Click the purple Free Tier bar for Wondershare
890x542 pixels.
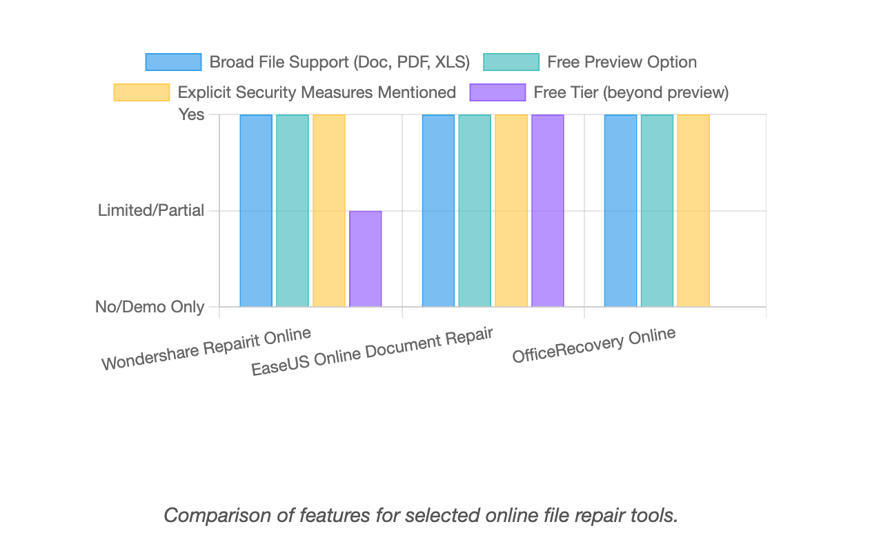[365, 259]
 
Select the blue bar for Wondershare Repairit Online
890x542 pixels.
[256, 210]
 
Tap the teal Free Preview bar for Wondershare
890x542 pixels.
[293, 210]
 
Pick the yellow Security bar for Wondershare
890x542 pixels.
[329, 210]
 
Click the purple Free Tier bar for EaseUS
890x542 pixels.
[547, 210]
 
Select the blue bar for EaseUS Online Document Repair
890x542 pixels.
[438, 210]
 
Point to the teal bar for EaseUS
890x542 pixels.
[475, 210]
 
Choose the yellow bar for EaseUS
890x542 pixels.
[511, 210]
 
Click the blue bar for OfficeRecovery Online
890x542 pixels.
[620, 210]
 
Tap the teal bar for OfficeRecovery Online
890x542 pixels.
[657, 210]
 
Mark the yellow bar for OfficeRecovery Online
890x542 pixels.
[693, 210]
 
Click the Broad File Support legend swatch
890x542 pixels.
[173, 62]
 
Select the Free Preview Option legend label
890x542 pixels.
[622, 62]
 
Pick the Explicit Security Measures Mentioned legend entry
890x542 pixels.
[317, 92]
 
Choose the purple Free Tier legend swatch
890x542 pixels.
[497, 92]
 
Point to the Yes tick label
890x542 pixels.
[192, 114]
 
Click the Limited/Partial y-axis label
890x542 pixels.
[151, 210]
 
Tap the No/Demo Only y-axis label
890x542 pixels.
[150, 307]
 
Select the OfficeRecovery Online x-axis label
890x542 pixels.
[593, 345]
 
